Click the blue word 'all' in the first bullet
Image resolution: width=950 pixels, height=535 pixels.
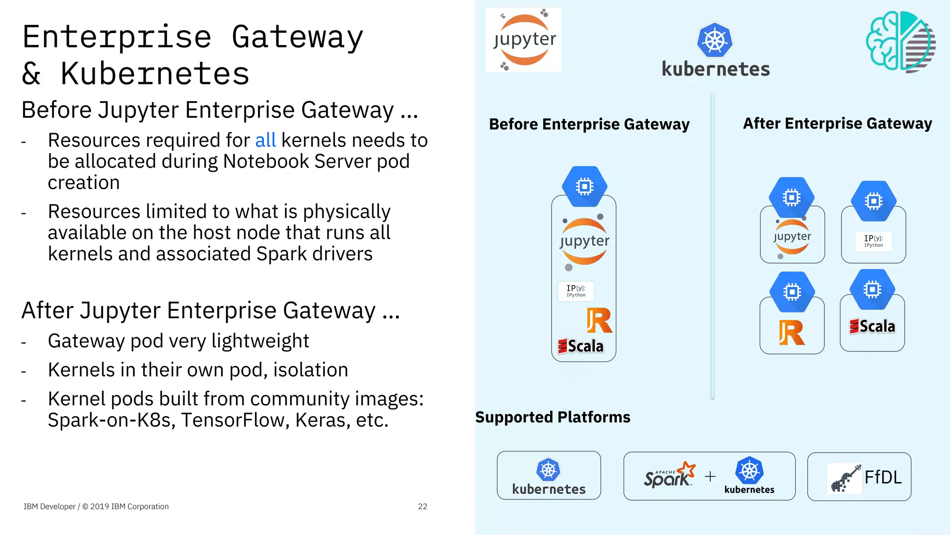(x=265, y=140)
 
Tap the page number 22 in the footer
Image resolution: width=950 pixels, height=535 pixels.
(x=422, y=506)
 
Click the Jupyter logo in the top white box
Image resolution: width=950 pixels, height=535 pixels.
(x=524, y=40)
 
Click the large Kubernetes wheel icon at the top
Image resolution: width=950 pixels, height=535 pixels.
(x=715, y=40)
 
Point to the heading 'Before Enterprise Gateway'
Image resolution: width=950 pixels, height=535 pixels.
(x=589, y=124)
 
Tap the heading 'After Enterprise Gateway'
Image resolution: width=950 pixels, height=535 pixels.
(x=837, y=123)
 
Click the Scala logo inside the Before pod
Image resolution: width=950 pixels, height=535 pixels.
(x=581, y=346)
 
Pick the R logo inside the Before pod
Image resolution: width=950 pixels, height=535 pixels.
(x=599, y=320)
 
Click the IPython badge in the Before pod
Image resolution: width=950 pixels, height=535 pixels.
(x=576, y=291)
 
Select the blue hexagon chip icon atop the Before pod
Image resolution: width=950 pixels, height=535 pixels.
(x=584, y=187)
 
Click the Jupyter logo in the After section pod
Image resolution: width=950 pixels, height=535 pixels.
(x=792, y=237)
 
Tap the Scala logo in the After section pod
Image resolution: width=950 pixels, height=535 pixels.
(x=872, y=326)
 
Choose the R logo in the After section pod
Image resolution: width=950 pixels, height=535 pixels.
(x=791, y=332)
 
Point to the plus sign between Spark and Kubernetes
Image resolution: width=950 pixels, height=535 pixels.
(x=710, y=477)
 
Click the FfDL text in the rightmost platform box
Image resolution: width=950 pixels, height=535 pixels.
(x=883, y=477)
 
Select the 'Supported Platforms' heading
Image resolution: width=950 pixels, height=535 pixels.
(x=552, y=417)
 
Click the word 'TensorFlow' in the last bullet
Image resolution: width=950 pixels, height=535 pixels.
(x=235, y=420)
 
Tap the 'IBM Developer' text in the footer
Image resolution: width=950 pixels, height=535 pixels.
(x=50, y=506)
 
